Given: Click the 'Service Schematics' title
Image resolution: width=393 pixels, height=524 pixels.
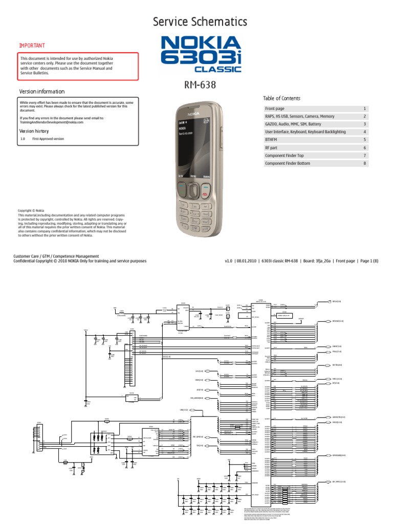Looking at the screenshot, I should point(200,21).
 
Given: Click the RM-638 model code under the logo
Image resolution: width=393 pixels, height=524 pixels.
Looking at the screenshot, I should point(200,84).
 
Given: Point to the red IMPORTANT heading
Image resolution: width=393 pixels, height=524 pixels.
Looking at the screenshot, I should point(32,46).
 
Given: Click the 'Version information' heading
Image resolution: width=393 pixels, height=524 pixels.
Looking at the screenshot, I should point(42,92).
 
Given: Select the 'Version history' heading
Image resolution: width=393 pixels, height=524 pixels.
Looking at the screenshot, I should point(37,131).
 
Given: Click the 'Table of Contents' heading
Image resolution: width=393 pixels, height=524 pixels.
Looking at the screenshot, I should point(281,98).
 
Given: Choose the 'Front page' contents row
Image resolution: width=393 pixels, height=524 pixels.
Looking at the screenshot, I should point(275,108).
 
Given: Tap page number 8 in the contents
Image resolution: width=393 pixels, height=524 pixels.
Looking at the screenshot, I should point(365,163).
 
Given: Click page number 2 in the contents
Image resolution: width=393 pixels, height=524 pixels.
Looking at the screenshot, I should point(365,116).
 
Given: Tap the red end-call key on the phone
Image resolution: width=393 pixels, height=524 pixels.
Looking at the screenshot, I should point(205,194).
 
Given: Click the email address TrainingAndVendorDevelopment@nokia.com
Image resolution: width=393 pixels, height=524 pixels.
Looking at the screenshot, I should point(52,122).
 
